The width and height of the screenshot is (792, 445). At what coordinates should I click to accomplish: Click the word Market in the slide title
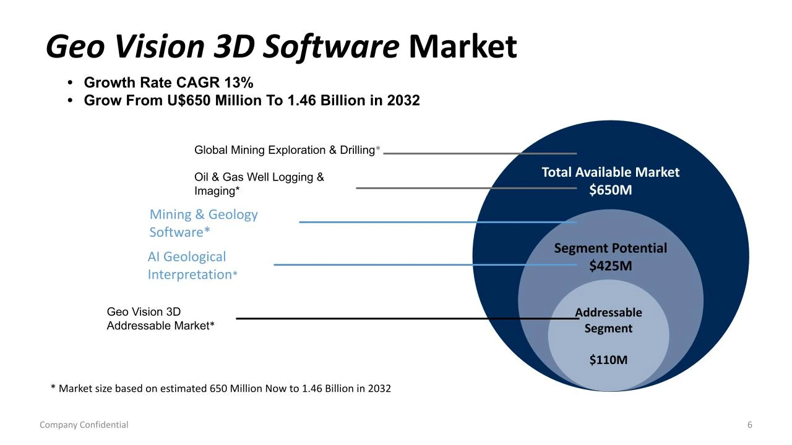click(463, 47)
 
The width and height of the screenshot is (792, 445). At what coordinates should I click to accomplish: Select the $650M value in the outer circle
click(610, 190)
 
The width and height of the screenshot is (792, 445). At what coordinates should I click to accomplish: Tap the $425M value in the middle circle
click(610, 266)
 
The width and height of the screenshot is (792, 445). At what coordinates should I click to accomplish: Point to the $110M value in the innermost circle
click(608, 359)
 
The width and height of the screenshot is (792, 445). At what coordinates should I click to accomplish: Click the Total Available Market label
click(610, 172)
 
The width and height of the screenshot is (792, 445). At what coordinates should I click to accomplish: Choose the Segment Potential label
click(610, 248)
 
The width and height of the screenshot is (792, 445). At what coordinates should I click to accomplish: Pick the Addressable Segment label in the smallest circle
click(608, 320)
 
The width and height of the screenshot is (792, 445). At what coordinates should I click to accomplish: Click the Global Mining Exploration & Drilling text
click(285, 150)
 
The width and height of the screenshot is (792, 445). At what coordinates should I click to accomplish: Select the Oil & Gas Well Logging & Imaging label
click(259, 184)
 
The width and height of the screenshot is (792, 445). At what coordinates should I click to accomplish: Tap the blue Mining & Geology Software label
click(204, 223)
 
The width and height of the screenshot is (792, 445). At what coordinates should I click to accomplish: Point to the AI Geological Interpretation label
click(192, 265)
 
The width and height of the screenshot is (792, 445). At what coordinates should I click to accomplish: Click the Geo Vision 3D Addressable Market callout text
click(160, 319)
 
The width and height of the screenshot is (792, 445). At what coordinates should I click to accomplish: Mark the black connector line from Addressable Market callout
click(402, 318)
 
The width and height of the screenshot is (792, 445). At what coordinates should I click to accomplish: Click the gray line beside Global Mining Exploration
click(480, 153)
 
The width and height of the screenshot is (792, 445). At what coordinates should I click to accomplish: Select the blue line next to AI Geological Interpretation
click(424, 265)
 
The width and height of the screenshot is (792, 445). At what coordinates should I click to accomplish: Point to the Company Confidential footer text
click(84, 425)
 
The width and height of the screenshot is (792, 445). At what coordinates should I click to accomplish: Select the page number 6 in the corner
click(750, 425)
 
